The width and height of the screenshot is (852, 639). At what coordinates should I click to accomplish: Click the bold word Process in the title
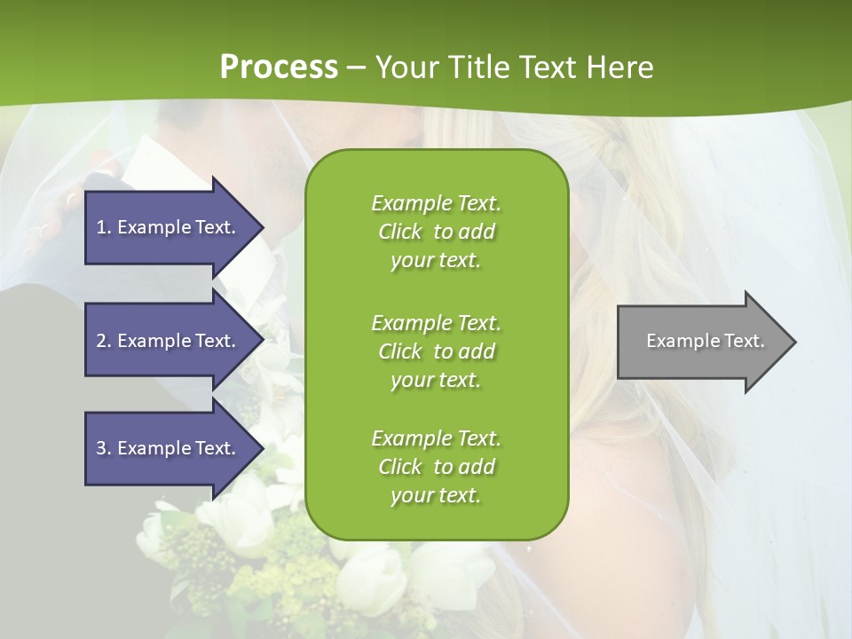point(279,67)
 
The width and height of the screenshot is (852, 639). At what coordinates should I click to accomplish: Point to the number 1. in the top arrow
point(104,227)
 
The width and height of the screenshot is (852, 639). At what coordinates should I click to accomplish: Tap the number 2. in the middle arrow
point(104,341)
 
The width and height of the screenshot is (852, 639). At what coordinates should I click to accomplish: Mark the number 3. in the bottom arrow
point(104,448)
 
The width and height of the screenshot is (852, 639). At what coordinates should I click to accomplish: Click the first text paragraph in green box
point(436,232)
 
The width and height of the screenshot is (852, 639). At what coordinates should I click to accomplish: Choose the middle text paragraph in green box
point(436,351)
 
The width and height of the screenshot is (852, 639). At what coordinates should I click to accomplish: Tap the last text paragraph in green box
point(436,467)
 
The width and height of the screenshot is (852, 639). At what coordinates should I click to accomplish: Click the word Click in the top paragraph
point(400,232)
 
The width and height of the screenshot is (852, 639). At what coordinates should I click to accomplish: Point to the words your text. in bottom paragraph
point(436,495)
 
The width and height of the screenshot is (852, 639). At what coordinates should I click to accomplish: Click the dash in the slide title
point(357,67)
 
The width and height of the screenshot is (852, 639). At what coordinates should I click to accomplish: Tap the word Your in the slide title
point(404,67)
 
